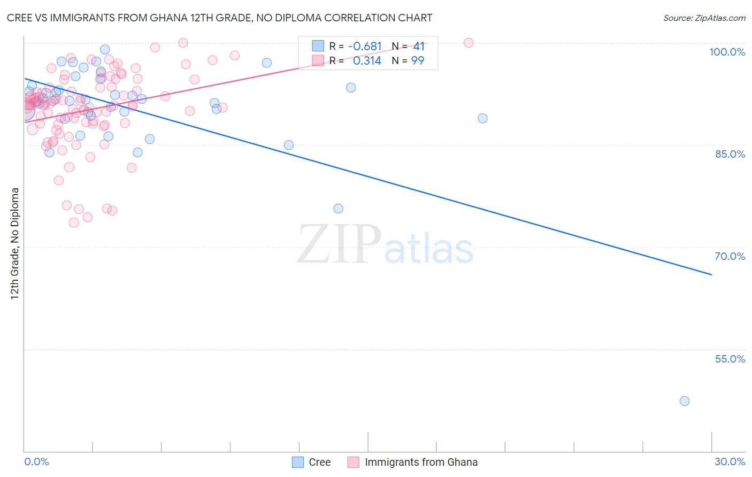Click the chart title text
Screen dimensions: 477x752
pos(219,18)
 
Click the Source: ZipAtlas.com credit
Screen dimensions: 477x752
pos(704,18)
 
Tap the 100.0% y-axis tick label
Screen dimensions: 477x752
pos(727,52)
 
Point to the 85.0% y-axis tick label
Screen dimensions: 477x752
pos(730,154)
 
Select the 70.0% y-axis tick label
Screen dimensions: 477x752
pos(730,256)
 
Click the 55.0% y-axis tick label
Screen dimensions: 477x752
pos(730,359)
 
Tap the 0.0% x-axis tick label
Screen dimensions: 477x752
pos(36,461)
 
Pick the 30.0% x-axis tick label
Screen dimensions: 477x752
pos(730,461)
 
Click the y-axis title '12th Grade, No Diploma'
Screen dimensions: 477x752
pos(15,243)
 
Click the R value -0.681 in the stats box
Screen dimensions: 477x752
pos(365,47)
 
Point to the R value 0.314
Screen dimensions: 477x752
pos(367,61)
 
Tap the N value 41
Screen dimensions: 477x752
pos(419,47)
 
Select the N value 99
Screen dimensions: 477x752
pos(418,61)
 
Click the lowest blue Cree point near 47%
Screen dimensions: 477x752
pos(684,401)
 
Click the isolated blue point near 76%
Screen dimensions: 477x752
pos(338,209)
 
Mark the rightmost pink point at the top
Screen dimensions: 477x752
pos(469,43)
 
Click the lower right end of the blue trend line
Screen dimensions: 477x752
pos(711,274)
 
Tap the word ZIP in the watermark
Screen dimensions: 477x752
pos(339,244)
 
